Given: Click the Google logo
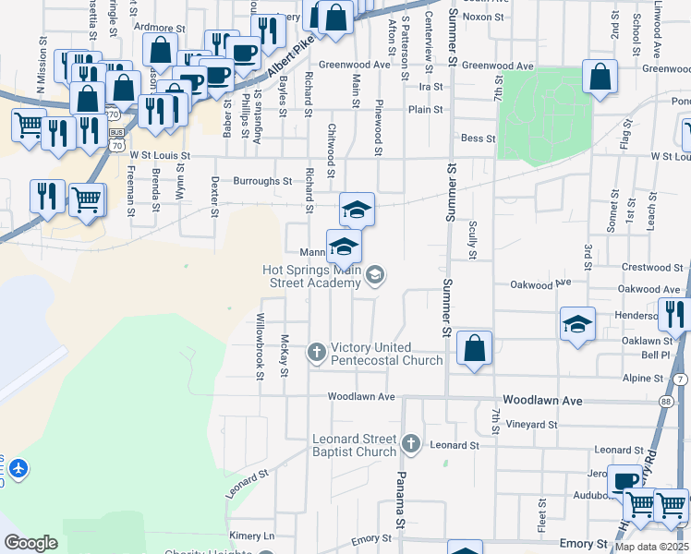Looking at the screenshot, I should point(31,543).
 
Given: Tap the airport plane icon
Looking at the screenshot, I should point(18,469).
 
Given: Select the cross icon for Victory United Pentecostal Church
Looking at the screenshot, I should point(317,351).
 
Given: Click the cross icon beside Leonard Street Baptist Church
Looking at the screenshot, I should point(411,445).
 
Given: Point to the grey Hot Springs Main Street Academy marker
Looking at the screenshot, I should point(375,274).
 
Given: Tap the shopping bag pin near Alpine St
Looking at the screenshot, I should point(475,349).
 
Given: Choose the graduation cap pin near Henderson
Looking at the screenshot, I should point(577,324).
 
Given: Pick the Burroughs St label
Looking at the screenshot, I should point(262,181).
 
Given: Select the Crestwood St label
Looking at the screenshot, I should point(648,268).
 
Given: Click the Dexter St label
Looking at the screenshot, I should point(214,197).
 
